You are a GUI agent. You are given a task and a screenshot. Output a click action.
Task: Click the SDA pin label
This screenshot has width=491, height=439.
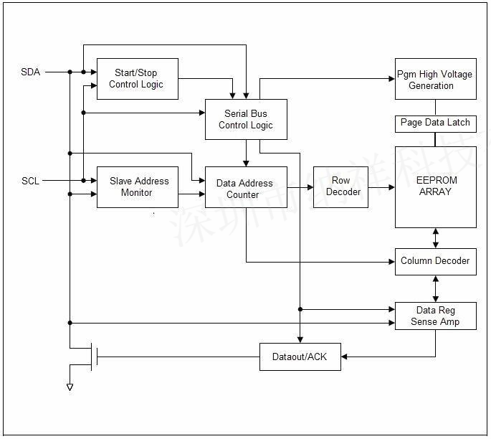(31, 72)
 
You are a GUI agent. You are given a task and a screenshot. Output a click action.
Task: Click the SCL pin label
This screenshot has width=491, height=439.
(30, 181)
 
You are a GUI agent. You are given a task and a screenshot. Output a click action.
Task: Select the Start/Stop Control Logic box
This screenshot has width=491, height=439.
(137, 79)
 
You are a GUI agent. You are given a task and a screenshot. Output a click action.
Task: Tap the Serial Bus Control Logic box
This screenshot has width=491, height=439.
(246, 119)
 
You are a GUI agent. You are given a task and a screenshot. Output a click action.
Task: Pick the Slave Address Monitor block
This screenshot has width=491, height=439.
(137, 187)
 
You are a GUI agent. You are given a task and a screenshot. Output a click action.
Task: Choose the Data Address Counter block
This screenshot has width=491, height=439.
(246, 188)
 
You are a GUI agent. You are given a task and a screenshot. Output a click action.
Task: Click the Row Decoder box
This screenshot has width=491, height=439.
(340, 187)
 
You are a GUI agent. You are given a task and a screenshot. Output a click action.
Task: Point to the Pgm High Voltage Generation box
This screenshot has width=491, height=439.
(435, 79)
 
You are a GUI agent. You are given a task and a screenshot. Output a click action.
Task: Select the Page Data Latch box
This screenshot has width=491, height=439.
(435, 123)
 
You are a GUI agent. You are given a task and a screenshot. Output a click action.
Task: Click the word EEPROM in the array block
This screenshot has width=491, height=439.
(436, 180)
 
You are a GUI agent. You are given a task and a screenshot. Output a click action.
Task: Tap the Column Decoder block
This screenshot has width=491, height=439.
(435, 261)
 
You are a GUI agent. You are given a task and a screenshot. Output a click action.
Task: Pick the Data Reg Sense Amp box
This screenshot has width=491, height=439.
(435, 316)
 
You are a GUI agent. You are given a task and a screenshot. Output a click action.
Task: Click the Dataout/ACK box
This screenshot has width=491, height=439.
(300, 357)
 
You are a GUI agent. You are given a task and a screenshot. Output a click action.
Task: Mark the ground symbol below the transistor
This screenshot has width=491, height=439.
(70, 387)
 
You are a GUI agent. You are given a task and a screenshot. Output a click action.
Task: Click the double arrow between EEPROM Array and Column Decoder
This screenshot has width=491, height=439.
(436, 238)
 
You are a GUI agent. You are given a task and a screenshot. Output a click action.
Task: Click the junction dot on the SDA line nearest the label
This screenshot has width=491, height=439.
(70, 72)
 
